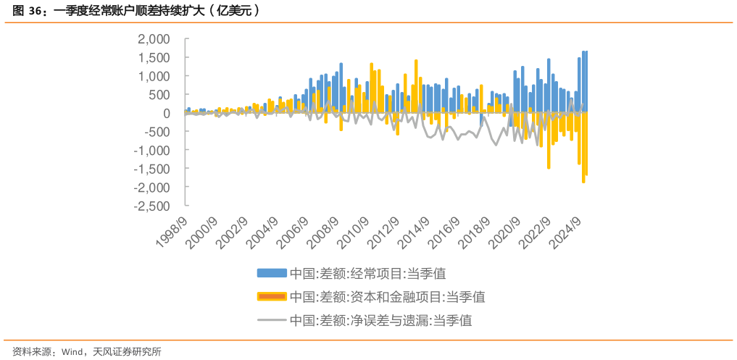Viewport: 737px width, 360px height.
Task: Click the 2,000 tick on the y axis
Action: [154, 39]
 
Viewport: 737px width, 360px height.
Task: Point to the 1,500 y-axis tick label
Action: [154, 57]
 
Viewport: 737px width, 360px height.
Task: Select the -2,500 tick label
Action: [151, 206]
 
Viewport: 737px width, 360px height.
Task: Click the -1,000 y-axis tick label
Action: [151, 150]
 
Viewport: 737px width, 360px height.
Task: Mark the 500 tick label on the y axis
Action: [159, 94]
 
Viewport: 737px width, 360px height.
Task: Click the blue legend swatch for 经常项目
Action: [272, 273]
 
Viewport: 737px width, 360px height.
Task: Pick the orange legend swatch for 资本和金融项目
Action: [272, 296]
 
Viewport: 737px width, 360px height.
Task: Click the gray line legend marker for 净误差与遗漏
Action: [272, 319]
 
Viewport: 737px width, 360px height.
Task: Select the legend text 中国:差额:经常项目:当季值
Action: [367, 273]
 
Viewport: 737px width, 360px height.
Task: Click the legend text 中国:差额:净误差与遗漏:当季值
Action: [380, 319]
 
